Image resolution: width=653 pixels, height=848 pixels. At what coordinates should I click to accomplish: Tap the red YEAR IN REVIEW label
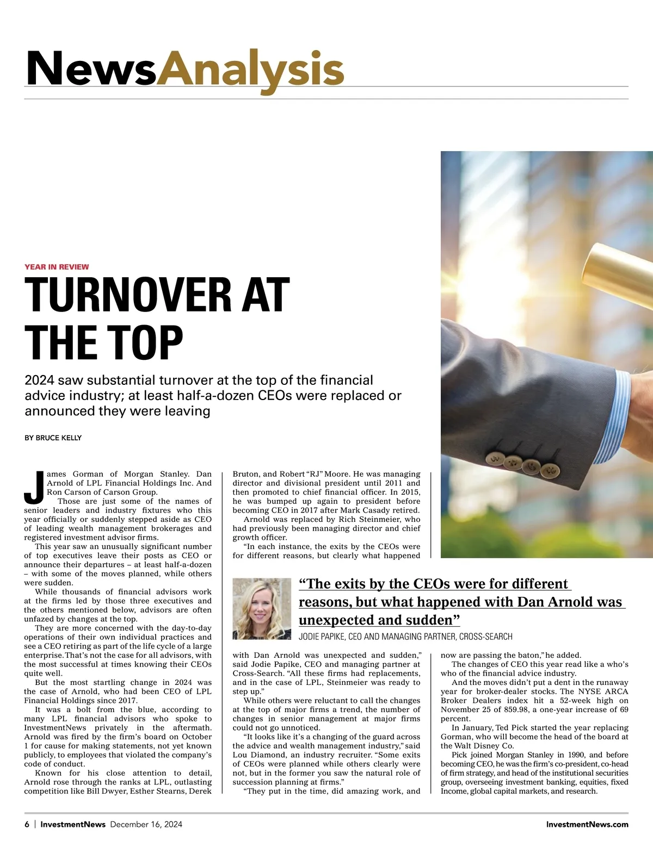pyautogui.click(x=57, y=267)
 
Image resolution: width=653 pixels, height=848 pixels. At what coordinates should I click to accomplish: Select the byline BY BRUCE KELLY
pyautogui.click(x=53, y=438)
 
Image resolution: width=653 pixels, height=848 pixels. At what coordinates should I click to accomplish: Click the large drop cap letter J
pyautogui.click(x=34, y=487)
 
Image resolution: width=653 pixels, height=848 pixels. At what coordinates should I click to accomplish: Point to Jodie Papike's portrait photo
pyautogui.click(x=262, y=608)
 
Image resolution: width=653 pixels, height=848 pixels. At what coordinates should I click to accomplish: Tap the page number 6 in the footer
pyautogui.click(x=27, y=824)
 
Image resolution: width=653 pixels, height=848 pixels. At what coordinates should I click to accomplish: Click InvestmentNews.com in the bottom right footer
pyautogui.click(x=587, y=824)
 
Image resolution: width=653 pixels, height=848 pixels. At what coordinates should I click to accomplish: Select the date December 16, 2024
pyautogui.click(x=146, y=824)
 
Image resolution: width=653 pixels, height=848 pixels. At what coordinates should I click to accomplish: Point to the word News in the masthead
pyautogui.click(x=91, y=70)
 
